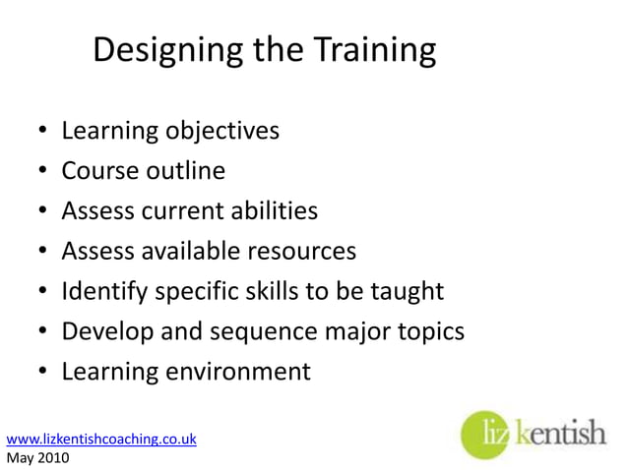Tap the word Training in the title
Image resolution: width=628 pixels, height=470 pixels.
370,51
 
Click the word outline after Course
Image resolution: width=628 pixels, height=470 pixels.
187,171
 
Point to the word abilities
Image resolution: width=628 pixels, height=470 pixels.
270,211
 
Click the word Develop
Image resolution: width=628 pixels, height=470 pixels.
104,332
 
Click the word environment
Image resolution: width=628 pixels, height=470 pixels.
235,373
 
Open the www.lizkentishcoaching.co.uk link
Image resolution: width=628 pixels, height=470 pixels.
101,440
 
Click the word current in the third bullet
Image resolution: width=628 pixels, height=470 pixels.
176,211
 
